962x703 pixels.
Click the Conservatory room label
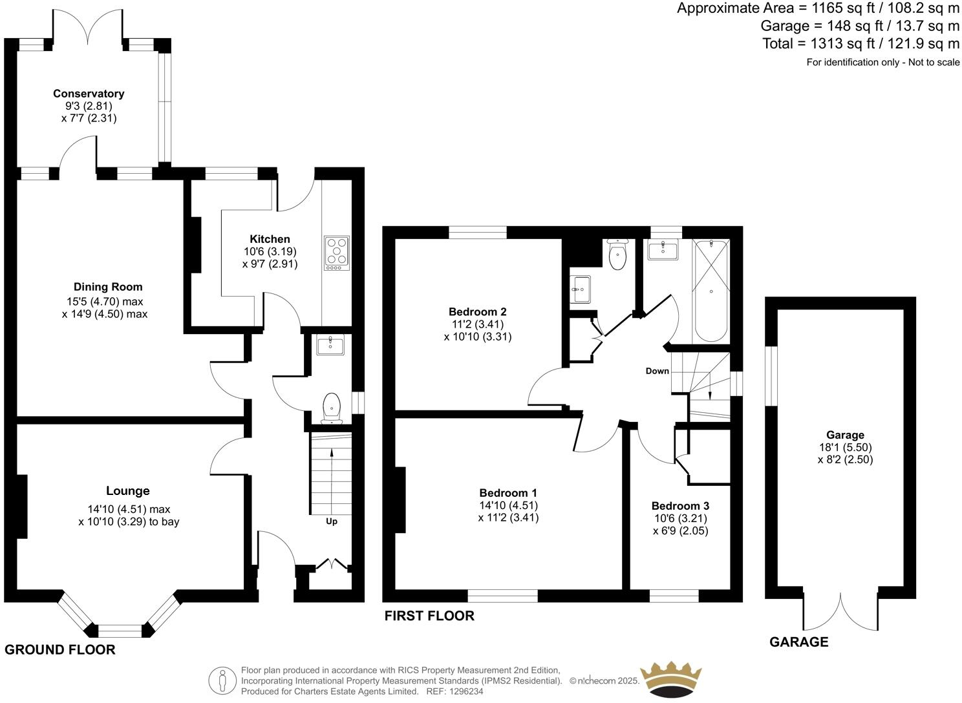[89, 94]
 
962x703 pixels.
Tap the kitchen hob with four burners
[336, 253]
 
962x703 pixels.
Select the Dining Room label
[108, 287]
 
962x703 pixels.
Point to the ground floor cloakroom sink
[330, 345]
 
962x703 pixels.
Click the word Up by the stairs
[331, 521]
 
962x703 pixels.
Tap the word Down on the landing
[657, 371]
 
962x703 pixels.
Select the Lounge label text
[128, 491]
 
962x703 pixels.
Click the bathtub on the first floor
[711, 291]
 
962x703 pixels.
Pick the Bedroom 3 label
[680, 506]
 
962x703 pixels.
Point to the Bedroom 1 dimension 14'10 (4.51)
[508, 505]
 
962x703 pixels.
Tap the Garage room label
[844, 435]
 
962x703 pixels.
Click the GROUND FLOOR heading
[60, 650]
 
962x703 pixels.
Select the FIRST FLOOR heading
[429, 616]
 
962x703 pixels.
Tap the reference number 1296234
[466, 691]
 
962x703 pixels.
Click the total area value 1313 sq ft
[833, 44]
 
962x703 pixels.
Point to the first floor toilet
[617, 255]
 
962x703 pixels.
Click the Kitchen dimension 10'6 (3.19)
[270, 251]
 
